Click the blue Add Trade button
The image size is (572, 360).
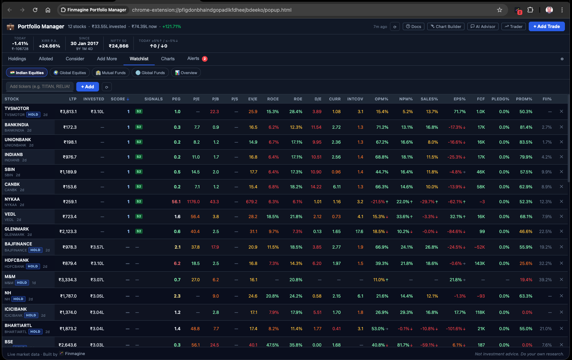[x=546, y=27]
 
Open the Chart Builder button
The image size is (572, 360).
[x=446, y=27]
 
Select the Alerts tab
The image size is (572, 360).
[x=193, y=59]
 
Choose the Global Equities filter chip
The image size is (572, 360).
[x=70, y=73]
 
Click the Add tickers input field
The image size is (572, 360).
[x=40, y=87]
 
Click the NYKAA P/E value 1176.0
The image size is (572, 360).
[x=193, y=202]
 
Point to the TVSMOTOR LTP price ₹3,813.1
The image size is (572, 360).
[x=68, y=112]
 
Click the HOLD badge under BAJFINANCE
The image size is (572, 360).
[x=35, y=250]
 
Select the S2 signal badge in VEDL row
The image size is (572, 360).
[x=139, y=216]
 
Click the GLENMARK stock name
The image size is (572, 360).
[x=17, y=229]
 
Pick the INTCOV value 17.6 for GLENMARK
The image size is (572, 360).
[x=359, y=232]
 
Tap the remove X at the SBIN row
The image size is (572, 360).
[x=561, y=172]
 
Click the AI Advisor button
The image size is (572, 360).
[x=483, y=27]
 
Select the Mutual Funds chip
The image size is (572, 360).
[x=111, y=73]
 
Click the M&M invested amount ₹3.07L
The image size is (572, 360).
[x=97, y=280]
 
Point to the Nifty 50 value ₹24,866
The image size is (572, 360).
[x=119, y=46]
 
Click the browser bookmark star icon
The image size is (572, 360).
[x=500, y=10]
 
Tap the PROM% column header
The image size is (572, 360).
[x=524, y=99]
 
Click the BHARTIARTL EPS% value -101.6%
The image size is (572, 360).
[x=455, y=329]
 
